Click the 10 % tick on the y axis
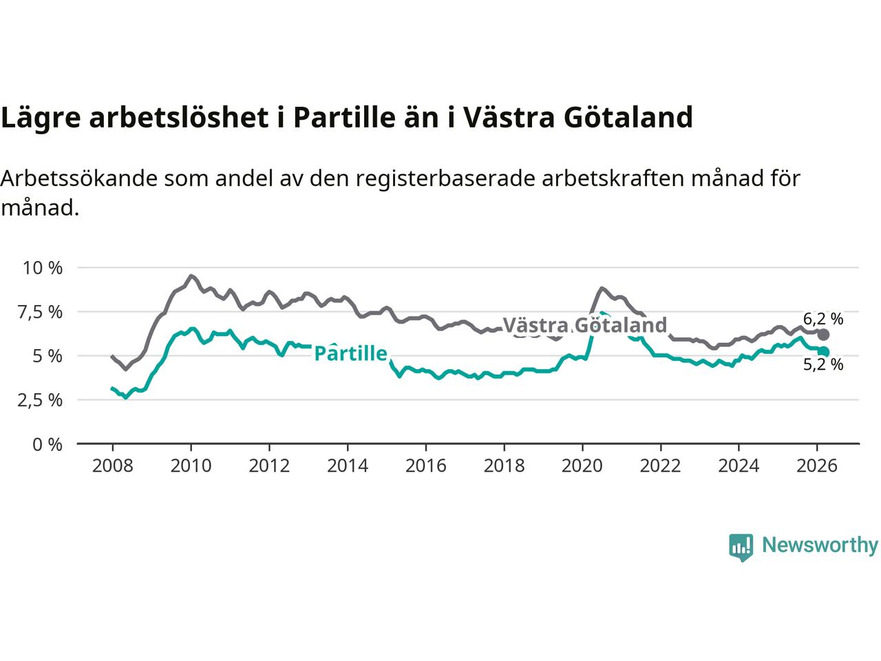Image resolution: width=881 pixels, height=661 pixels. tap(43, 268)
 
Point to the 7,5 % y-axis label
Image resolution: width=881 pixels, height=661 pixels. tap(43, 312)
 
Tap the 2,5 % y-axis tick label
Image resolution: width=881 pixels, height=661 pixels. tap(43, 400)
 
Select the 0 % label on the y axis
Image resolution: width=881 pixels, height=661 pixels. tap(49, 444)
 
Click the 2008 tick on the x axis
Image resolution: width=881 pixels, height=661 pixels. tap(112, 465)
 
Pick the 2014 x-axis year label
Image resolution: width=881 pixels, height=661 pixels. tap(347, 465)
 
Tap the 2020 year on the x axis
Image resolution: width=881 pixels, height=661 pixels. tap(582, 465)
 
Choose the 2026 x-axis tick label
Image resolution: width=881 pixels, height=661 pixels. tap(817, 465)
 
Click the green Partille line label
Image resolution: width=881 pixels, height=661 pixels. tap(350, 354)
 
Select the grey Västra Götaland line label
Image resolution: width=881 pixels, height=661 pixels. tap(585, 325)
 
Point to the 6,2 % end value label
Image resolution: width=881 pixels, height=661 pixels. tap(823, 319)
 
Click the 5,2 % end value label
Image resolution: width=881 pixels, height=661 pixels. tap(823, 365)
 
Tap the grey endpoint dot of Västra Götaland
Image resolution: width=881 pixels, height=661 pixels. tap(823, 335)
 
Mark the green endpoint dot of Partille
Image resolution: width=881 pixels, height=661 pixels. tap(823, 352)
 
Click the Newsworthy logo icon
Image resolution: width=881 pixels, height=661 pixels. tap(741, 547)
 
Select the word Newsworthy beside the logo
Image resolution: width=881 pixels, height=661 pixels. tap(820, 545)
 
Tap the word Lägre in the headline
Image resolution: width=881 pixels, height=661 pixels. tap(41, 118)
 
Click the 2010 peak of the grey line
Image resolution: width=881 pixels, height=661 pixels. tap(191, 276)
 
